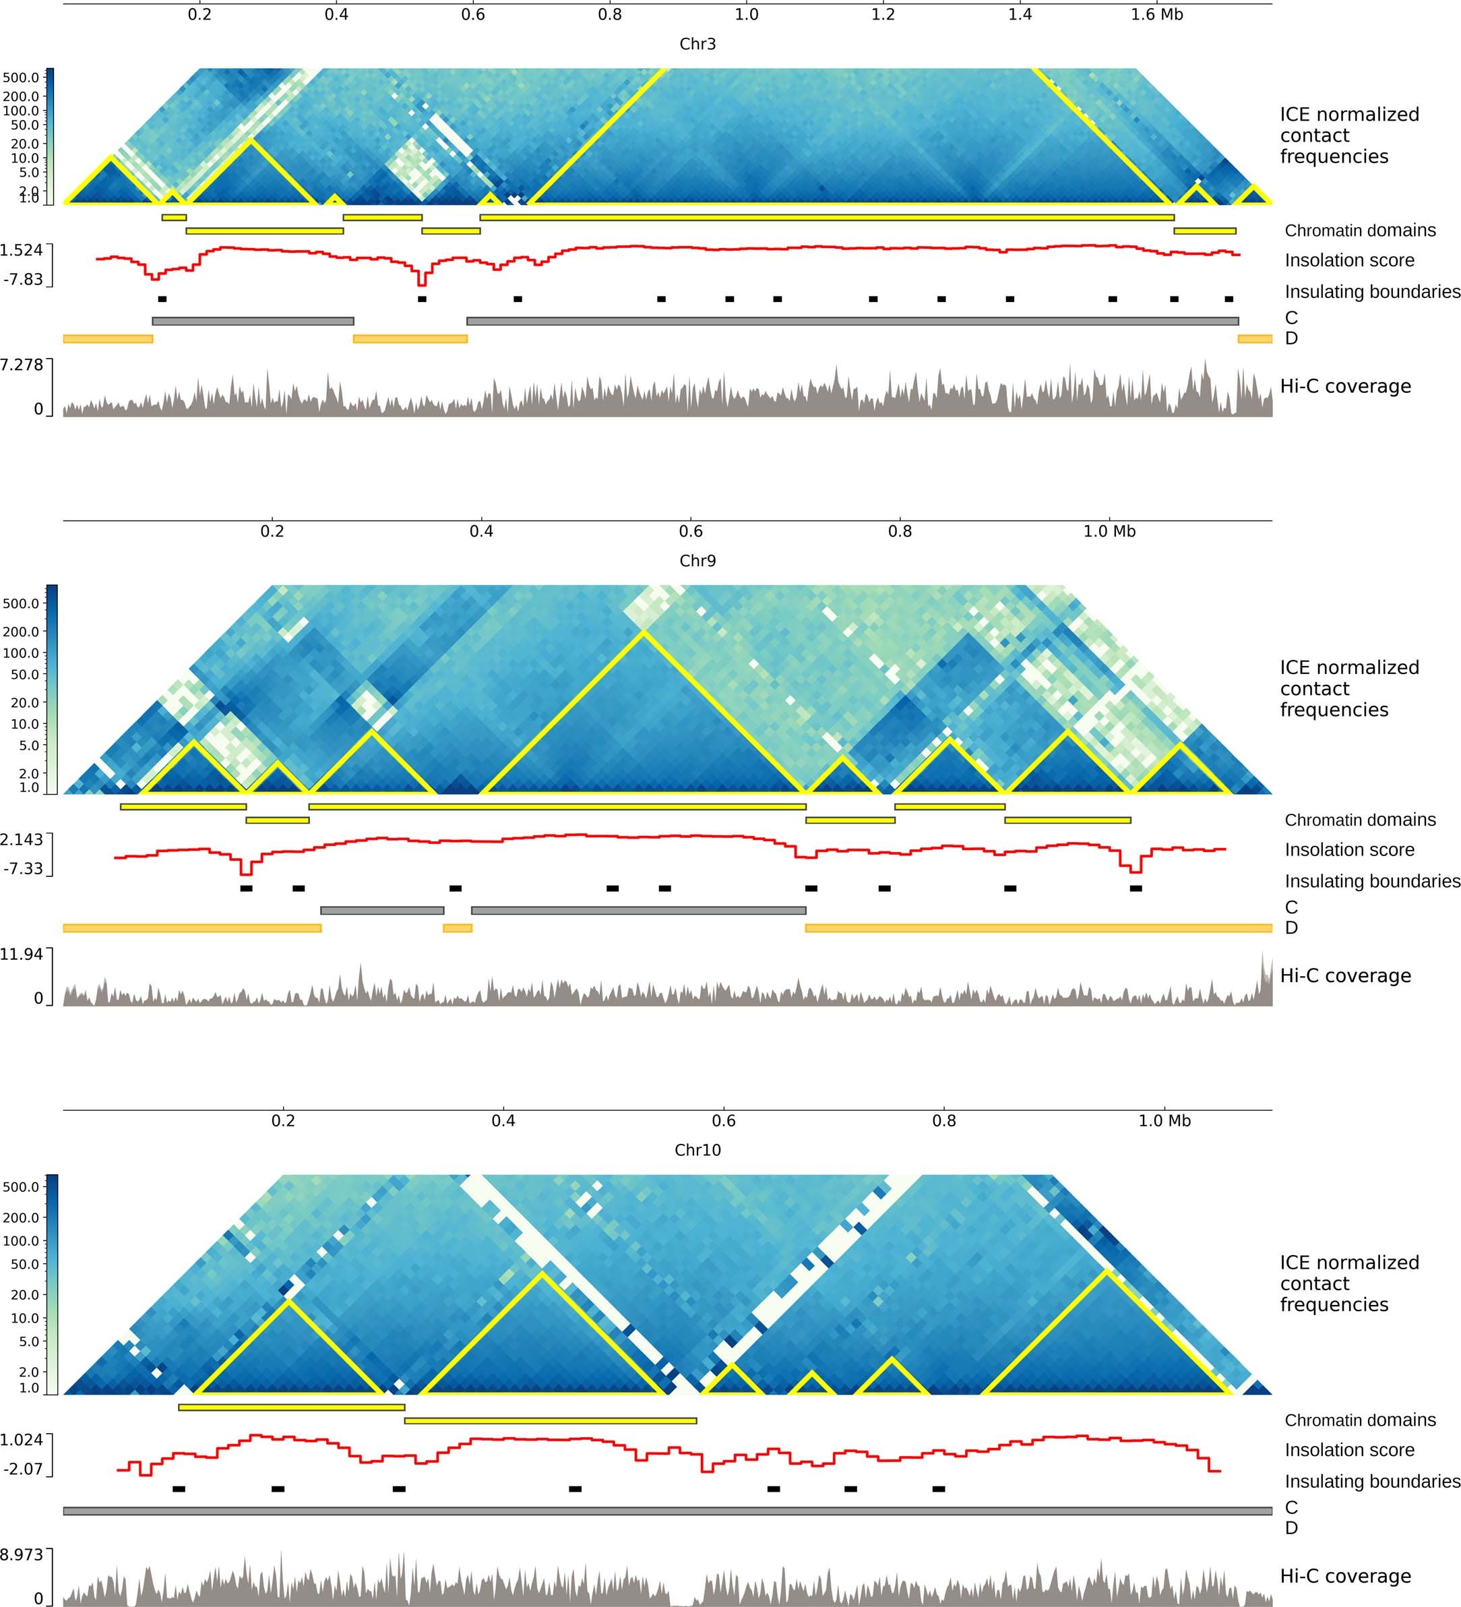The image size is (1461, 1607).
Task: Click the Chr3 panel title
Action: click(697, 44)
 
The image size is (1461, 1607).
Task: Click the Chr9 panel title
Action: click(697, 560)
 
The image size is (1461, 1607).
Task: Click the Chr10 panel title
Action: click(697, 1149)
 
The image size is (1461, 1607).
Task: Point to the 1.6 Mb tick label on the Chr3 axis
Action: click(1156, 14)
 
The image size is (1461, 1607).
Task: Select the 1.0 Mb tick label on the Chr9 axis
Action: click(1109, 531)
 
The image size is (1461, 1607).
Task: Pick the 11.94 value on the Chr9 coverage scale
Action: click(22, 954)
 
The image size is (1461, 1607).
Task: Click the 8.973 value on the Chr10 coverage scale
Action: click(22, 1554)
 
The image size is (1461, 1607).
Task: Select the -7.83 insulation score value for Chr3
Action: click(23, 279)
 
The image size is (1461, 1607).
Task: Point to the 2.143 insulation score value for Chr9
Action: click(22, 839)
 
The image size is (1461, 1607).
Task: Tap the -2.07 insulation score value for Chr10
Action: click(22, 1468)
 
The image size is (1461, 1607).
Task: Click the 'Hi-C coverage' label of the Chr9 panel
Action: click(1345, 975)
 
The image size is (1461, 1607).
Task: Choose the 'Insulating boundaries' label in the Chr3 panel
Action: click(1372, 292)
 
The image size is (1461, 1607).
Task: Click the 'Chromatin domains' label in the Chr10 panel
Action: click(1360, 1420)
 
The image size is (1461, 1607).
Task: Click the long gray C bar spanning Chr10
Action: click(667, 1511)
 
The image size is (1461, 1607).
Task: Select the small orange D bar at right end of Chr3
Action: click(1255, 339)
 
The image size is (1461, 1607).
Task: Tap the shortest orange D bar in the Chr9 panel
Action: click(458, 928)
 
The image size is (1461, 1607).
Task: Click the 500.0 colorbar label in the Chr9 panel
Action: click(21, 603)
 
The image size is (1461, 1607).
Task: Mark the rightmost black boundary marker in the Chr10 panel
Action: click(938, 1489)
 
